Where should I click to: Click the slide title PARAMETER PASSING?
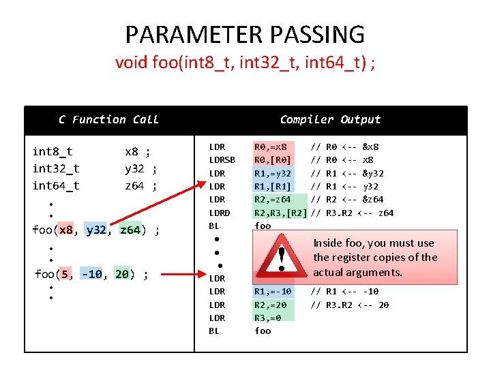coord(245,34)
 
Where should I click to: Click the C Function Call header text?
coord(108,120)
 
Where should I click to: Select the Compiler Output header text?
coord(330,120)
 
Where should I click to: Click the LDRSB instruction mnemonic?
coord(222,160)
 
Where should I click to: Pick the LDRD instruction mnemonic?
coord(219,213)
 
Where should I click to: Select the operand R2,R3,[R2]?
coord(280,213)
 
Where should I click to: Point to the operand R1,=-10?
coord(273,292)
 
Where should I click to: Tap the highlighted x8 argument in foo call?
coord(66,230)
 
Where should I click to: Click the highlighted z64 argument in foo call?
coord(130,230)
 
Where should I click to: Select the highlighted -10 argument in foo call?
coord(92,275)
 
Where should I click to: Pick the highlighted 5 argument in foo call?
coord(65,275)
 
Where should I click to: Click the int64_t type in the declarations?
coord(56,185)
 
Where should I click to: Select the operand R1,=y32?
coord(273,173)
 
